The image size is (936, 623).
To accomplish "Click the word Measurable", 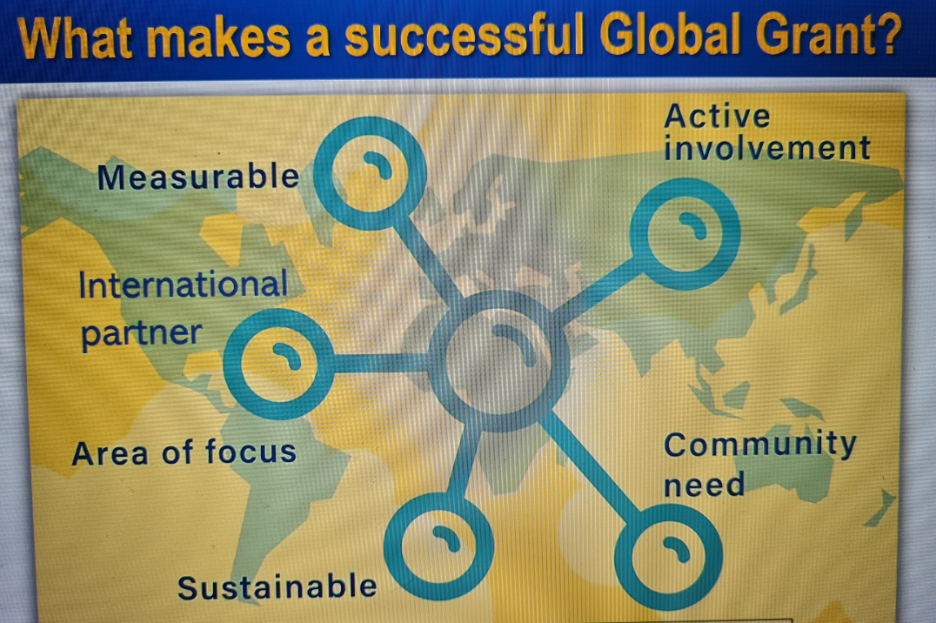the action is pyautogui.click(x=198, y=177).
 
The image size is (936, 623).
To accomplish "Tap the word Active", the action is pyautogui.click(x=717, y=116).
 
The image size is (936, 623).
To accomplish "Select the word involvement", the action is pyautogui.click(x=767, y=148).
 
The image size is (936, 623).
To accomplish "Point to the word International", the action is pyautogui.click(x=184, y=285).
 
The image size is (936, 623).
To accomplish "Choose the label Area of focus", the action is pyautogui.click(x=184, y=452).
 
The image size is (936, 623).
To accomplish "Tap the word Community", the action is pyautogui.click(x=760, y=445).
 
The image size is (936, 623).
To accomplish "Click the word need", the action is pyautogui.click(x=705, y=485).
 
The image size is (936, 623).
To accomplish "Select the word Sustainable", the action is pyautogui.click(x=277, y=586).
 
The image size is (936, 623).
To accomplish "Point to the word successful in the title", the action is pyautogui.click(x=464, y=36).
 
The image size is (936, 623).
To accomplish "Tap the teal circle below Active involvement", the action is pyautogui.click(x=635, y=234).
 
